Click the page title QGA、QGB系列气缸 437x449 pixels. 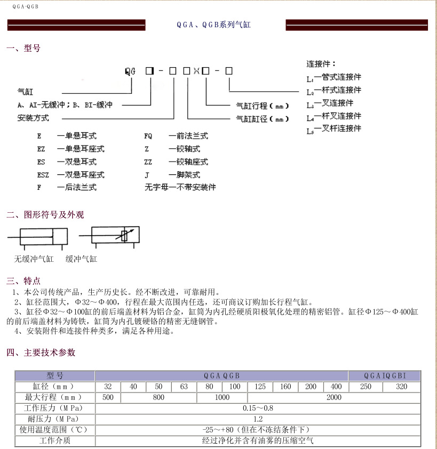pyautogui.click(x=213, y=25)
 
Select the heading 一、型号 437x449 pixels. pyautogui.click(x=23, y=49)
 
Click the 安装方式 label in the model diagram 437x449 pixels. pyautogui.click(x=33, y=118)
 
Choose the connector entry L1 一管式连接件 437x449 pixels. pyautogui.click(x=334, y=77)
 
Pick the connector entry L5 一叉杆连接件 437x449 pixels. pyautogui.click(x=334, y=129)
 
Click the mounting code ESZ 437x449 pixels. pyautogui.click(x=43, y=174)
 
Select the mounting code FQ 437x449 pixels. pyautogui.click(x=148, y=136)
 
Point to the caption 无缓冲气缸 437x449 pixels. pyautogui.click(x=34, y=259)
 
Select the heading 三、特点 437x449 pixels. pyautogui.click(x=23, y=281)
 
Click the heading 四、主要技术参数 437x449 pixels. pyautogui.click(x=41, y=352)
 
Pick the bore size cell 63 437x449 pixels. pyautogui.click(x=184, y=387)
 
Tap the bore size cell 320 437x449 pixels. pyautogui.click(x=402, y=387)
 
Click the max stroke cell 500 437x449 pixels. pyautogui.click(x=108, y=397)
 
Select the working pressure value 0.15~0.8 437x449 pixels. pyautogui.click(x=258, y=408)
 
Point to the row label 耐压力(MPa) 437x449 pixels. pyautogui.click(x=55, y=419)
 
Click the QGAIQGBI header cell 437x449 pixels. pyautogui.click(x=385, y=375)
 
